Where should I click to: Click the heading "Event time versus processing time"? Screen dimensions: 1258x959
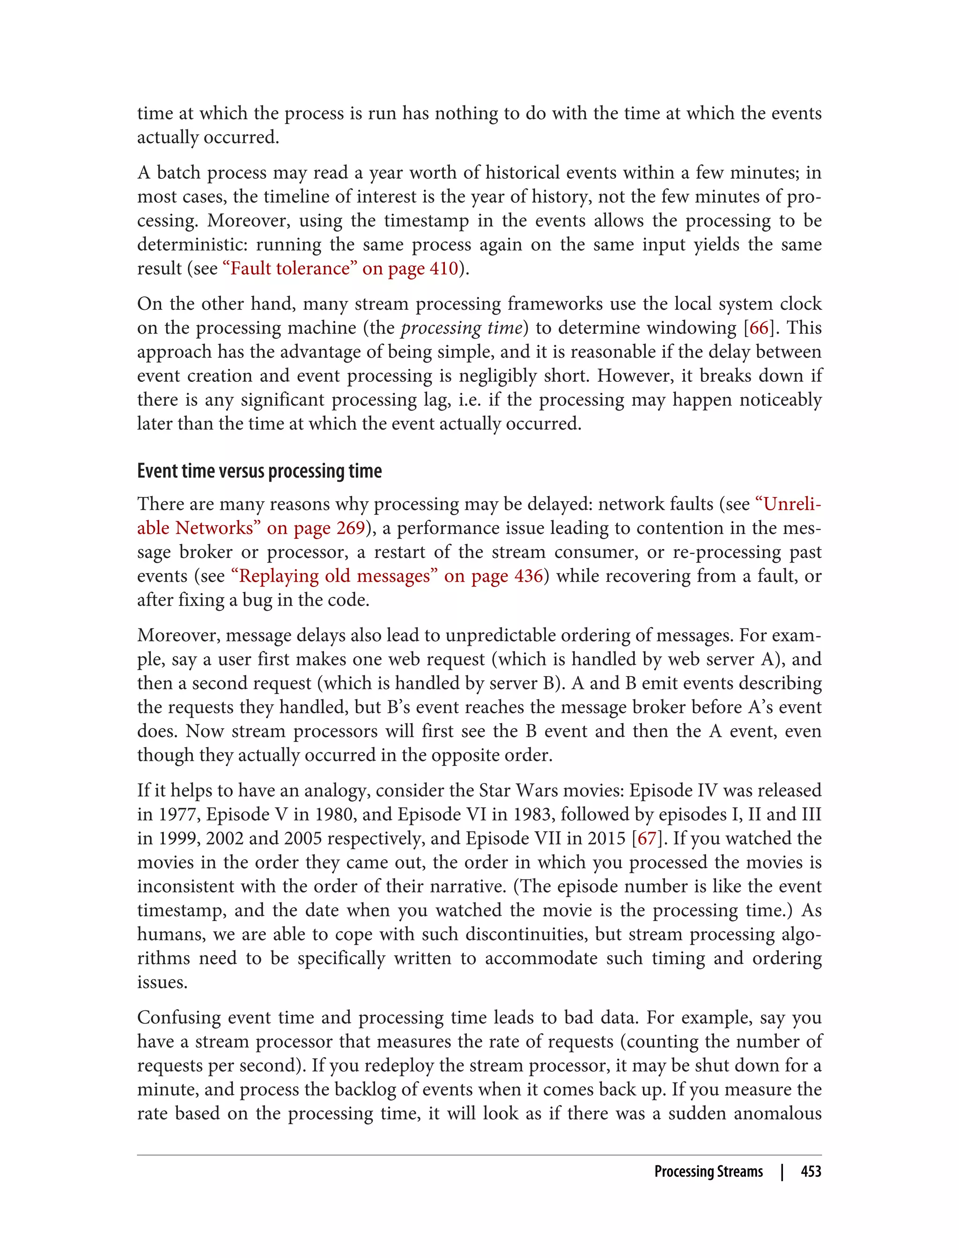[x=259, y=471]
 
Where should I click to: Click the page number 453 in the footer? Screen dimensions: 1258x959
[x=811, y=1171]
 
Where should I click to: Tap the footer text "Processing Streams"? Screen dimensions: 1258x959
[x=708, y=1171]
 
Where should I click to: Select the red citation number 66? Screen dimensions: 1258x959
[x=759, y=328]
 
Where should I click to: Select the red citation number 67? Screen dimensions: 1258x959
[x=647, y=838]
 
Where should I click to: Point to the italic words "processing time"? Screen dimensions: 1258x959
[x=461, y=328]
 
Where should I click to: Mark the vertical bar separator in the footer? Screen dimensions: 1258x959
[x=782, y=1171]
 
